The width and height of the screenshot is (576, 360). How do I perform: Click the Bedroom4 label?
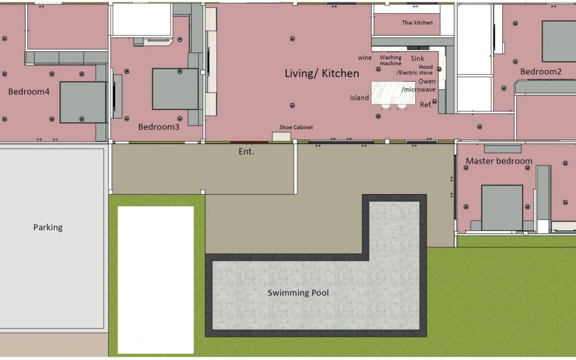pos(29,92)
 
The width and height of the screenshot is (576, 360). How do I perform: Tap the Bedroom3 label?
pos(159,127)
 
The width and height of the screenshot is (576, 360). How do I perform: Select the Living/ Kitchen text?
pos(322,74)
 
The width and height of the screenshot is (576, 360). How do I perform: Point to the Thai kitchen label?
pos(417,22)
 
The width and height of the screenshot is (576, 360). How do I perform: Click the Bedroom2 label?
pos(540,72)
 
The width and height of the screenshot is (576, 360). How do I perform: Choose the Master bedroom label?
pos(499,161)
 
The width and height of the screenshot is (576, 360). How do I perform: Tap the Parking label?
pos(48,228)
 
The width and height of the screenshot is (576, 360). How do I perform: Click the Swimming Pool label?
pos(298,293)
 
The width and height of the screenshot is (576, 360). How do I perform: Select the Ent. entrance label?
pos(247,151)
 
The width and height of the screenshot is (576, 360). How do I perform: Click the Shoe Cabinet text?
pos(296,127)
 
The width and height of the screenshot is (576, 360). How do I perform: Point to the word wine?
pos(365,58)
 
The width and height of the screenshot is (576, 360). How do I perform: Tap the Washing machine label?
pos(391,60)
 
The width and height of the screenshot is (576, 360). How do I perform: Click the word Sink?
pos(418,58)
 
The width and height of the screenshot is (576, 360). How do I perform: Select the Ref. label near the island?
pos(426,105)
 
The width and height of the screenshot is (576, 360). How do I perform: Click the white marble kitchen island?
pos(393,93)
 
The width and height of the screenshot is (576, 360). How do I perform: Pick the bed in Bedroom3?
pos(175,89)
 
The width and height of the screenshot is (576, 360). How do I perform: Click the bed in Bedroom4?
pos(83,102)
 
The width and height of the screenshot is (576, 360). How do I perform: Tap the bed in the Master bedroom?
pos(502,207)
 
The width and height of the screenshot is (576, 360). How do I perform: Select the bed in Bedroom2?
pos(558,41)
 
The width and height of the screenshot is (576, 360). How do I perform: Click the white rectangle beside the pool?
pos(156,279)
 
